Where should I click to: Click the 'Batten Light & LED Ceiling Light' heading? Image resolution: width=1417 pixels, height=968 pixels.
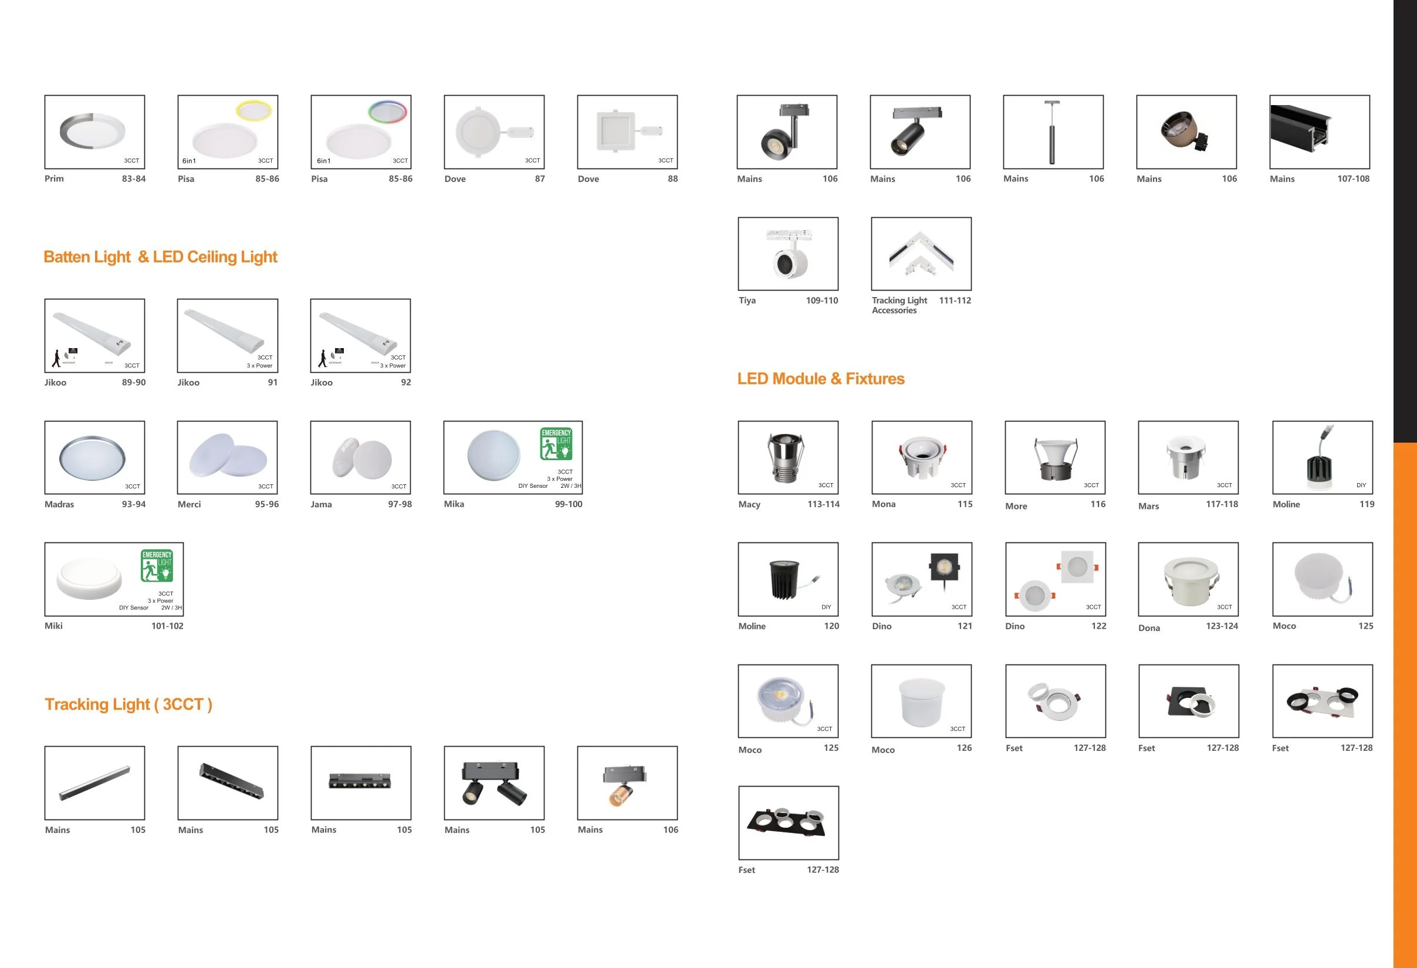[160, 257]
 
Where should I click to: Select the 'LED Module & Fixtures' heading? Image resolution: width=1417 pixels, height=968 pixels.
[820, 379]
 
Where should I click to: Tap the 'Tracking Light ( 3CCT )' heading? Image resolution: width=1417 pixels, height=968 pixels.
[128, 704]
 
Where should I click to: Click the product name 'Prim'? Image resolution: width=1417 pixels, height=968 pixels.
[54, 178]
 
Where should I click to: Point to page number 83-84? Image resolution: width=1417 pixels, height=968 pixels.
[134, 178]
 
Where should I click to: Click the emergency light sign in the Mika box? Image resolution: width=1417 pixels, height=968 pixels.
[556, 443]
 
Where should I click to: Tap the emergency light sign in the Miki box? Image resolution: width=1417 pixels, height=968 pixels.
[157, 565]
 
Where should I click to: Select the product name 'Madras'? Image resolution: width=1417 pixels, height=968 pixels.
[59, 504]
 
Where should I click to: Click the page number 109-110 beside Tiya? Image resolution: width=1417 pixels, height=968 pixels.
[821, 301]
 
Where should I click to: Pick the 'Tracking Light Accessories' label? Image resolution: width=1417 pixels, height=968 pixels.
[899, 306]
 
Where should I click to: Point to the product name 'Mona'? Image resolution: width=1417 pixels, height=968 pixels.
[884, 504]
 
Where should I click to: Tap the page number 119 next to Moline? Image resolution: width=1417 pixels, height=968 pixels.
[1367, 504]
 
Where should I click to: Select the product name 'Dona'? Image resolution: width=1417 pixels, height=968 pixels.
[1149, 628]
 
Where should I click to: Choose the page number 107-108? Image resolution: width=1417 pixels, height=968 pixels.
[1353, 178]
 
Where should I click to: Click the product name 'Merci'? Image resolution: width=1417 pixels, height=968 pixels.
[189, 504]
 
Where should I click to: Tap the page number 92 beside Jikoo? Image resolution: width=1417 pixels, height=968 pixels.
[405, 382]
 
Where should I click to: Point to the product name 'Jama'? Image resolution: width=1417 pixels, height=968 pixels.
[322, 504]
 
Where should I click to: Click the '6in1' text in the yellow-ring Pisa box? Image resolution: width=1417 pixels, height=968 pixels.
[189, 161]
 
